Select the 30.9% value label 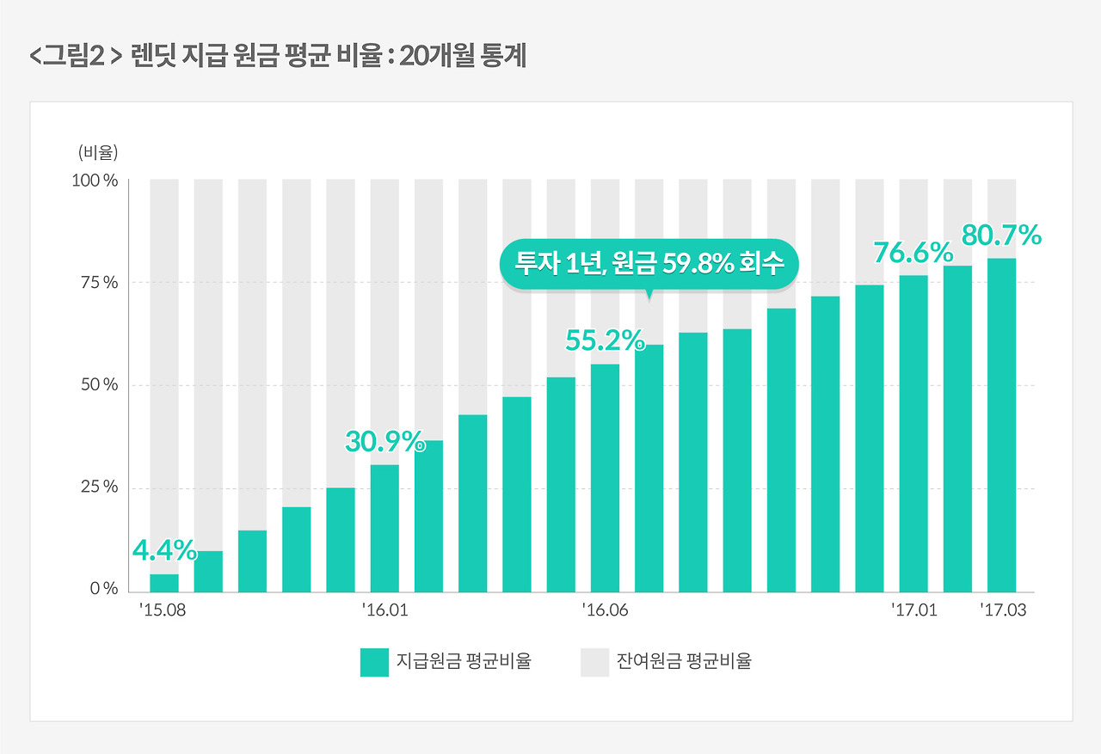click(x=385, y=442)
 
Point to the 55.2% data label click(x=605, y=341)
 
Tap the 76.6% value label click(x=913, y=253)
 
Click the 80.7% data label click(x=1002, y=235)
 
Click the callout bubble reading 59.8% click(x=649, y=263)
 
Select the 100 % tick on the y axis click(x=95, y=181)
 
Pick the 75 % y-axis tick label click(x=100, y=283)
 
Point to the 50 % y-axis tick click(x=100, y=385)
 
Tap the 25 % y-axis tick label click(x=100, y=487)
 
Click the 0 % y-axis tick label click(x=103, y=590)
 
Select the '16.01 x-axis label click(x=385, y=611)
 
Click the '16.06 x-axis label click(x=605, y=611)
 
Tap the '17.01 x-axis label click(x=913, y=611)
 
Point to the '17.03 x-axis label click(x=1003, y=611)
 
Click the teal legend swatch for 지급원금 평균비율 click(x=375, y=663)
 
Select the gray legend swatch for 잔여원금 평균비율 click(x=594, y=663)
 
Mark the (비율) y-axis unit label click(x=97, y=153)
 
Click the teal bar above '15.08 click(x=164, y=583)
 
